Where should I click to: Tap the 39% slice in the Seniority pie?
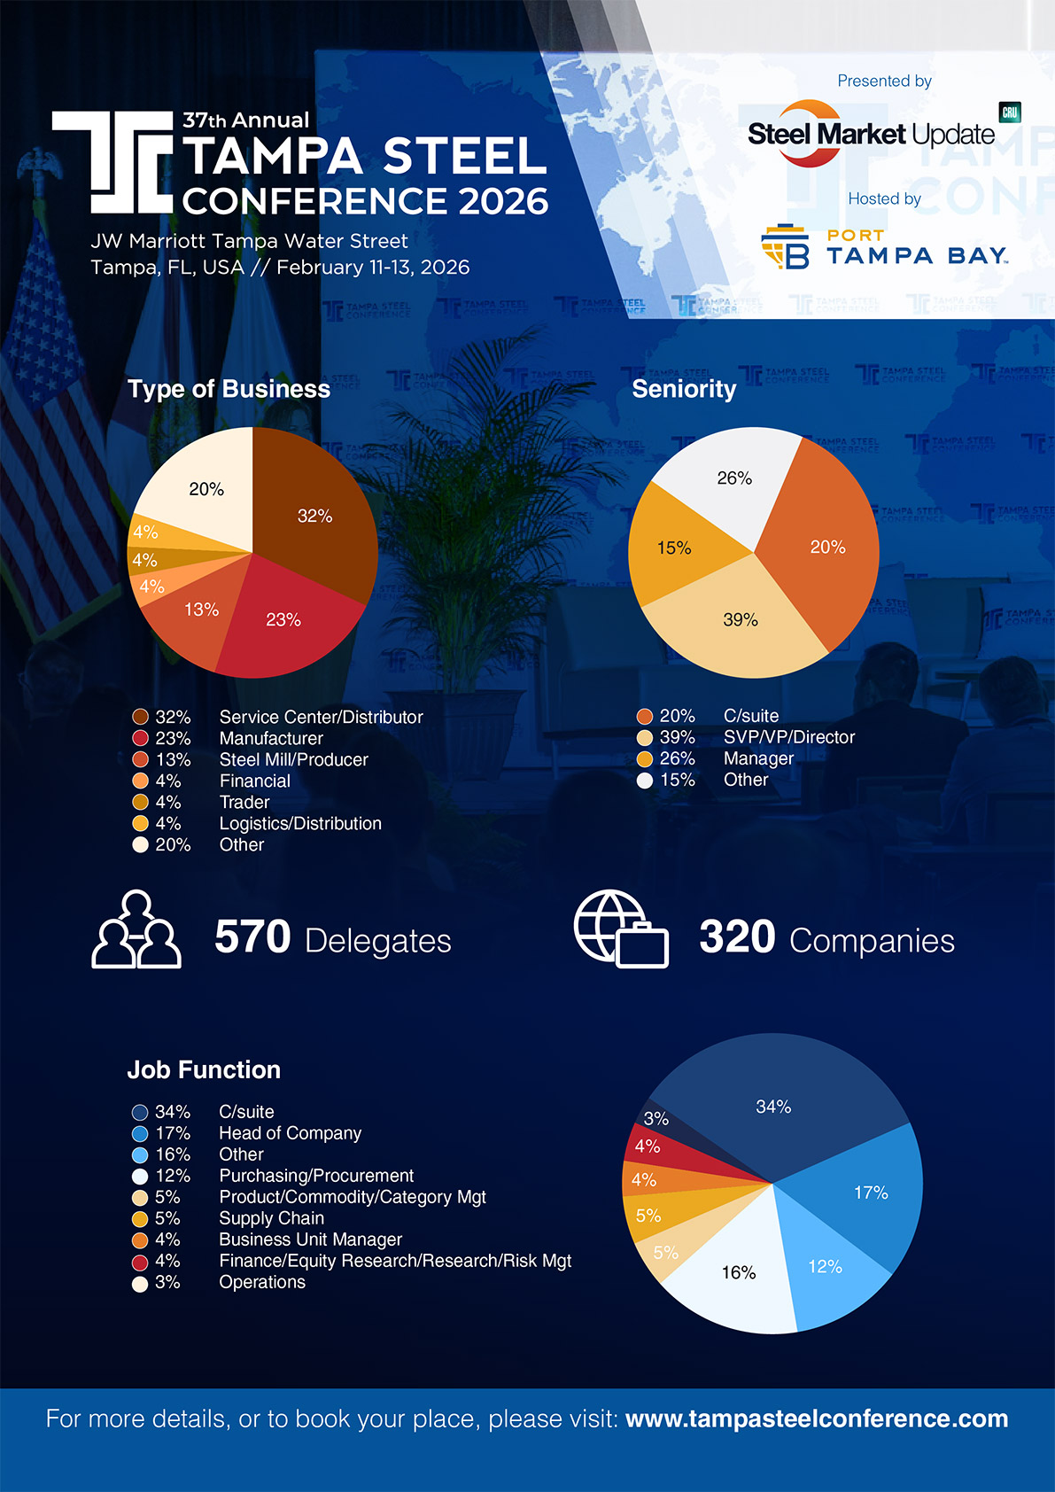click(x=739, y=620)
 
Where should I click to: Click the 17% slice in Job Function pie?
click(x=870, y=1193)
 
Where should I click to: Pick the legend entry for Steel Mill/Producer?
click(x=293, y=759)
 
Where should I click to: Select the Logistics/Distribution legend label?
click(x=300, y=823)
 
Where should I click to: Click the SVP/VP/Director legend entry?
click(x=788, y=737)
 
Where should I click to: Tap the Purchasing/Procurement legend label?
click(x=316, y=1176)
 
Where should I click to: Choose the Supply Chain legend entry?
click(x=271, y=1218)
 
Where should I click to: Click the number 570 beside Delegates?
click(x=252, y=937)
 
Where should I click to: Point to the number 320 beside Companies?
click(x=737, y=937)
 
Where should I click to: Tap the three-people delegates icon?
click(x=136, y=929)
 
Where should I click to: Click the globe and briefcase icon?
click(x=620, y=929)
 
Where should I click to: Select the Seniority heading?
click(x=684, y=389)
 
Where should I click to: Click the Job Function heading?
click(x=204, y=1069)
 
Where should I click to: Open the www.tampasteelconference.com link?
click(x=816, y=1418)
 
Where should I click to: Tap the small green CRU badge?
click(x=1010, y=113)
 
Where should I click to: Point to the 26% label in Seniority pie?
click(x=734, y=478)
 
